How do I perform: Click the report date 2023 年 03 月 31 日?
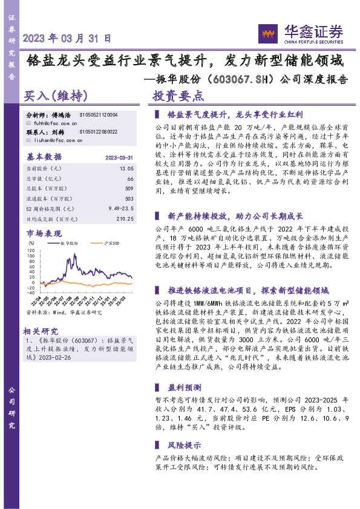point(67,38)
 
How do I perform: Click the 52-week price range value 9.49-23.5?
point(120,208)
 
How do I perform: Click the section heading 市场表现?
point(44,233)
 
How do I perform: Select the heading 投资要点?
point(178,96)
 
